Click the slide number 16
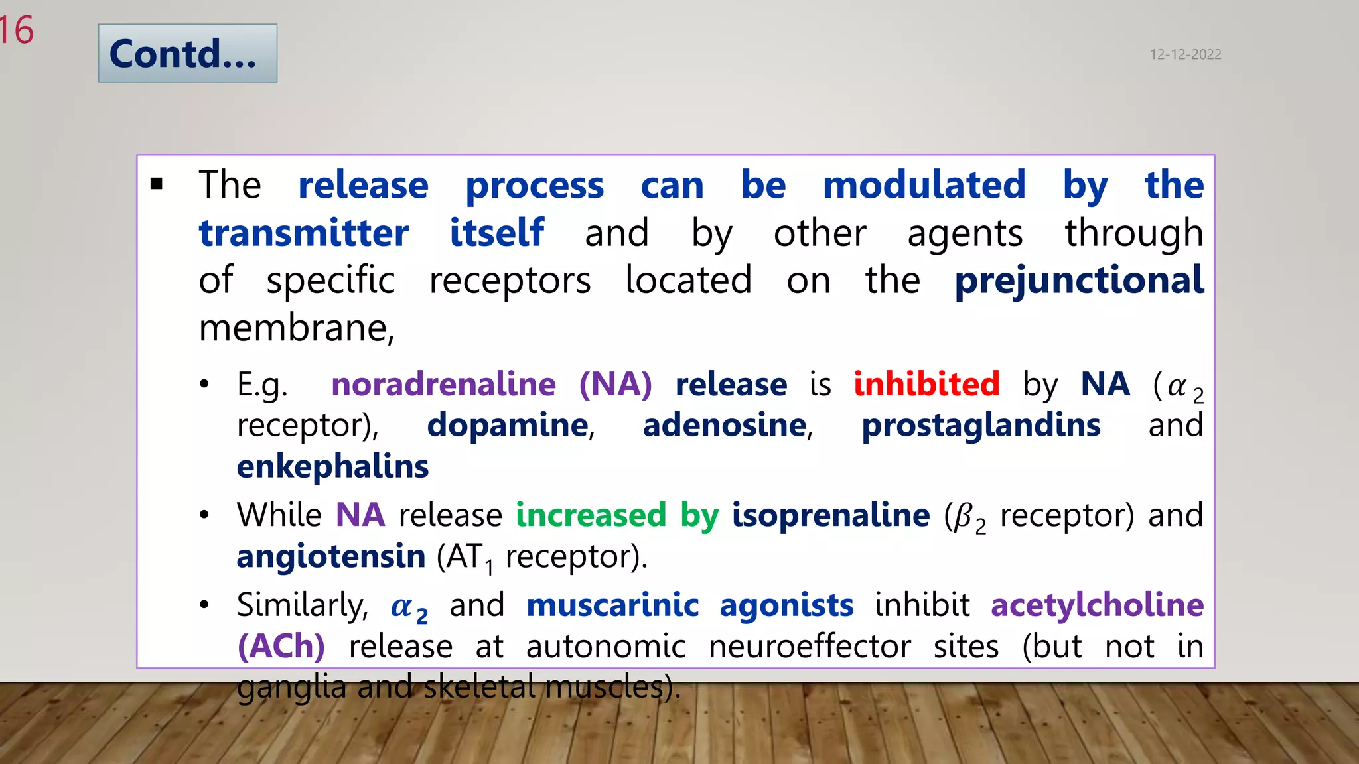pyautogui.click(x=16, y=31)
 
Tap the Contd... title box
pyautogui.click(x=187, y=53)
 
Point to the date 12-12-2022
pyautogui.click(x=1185, y=54)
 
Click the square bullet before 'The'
pyautogui.click(x=157, y=184)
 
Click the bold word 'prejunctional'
pyautogui.click(x=1079, y=281)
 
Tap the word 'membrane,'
pyautogui.click(x=297, y=328)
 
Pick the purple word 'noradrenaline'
pyautogui.click(x=443, y=384)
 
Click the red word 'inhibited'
pyautogui.click(x=926, y=384)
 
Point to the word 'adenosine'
pyautogui.click(x=725, y=425)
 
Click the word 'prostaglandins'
pyautogui.click(x=981, y=425)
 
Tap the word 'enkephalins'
pyautogui.click(x=332, y=466)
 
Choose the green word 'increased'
pyautogui.click(x=591, y=515)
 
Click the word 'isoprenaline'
pyautogui.click(x=831, y=515)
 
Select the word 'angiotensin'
pyautogui.click(x=331, y=556)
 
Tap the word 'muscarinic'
pyautogui.click(x=612, y=605)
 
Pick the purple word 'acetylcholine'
pyautogui.click(x=1097, y=605)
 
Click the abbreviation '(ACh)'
pyautogui.click(x=281, y=646)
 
